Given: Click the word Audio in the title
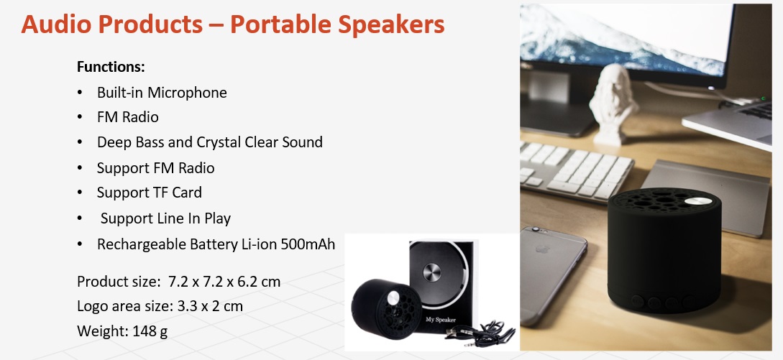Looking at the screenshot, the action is point(56,24).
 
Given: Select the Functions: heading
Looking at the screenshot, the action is point(111,67).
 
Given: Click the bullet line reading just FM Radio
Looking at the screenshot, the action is point(128,117).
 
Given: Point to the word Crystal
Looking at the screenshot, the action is point(219,143).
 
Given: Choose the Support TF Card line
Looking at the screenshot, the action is point(150,193).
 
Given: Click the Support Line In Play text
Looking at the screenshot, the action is point(165,218).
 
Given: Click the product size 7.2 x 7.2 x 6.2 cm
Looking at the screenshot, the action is point(224,282).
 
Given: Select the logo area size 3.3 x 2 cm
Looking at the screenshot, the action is point(210,305).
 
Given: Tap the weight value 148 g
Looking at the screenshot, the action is point(150,331).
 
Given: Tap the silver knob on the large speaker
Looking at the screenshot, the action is point(698,202).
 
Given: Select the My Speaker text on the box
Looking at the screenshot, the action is point(441,320).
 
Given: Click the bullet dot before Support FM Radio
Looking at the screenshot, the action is point(80,168).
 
